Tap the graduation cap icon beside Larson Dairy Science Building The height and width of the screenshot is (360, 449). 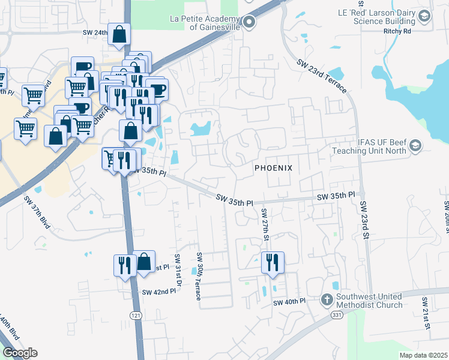coord(425,16)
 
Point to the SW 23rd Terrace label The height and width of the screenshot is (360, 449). coord(321,75)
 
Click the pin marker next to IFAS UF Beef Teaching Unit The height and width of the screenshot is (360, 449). coord(415,146)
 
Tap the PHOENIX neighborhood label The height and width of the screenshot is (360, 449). coord(273,168)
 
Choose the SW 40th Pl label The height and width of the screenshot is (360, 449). coord(289,301)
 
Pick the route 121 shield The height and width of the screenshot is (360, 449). coord(137,314)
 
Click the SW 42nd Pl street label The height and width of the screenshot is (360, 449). coord(159,292)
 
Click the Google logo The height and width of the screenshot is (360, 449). coord(20,353)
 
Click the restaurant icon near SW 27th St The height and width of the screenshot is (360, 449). coord(273,262)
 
